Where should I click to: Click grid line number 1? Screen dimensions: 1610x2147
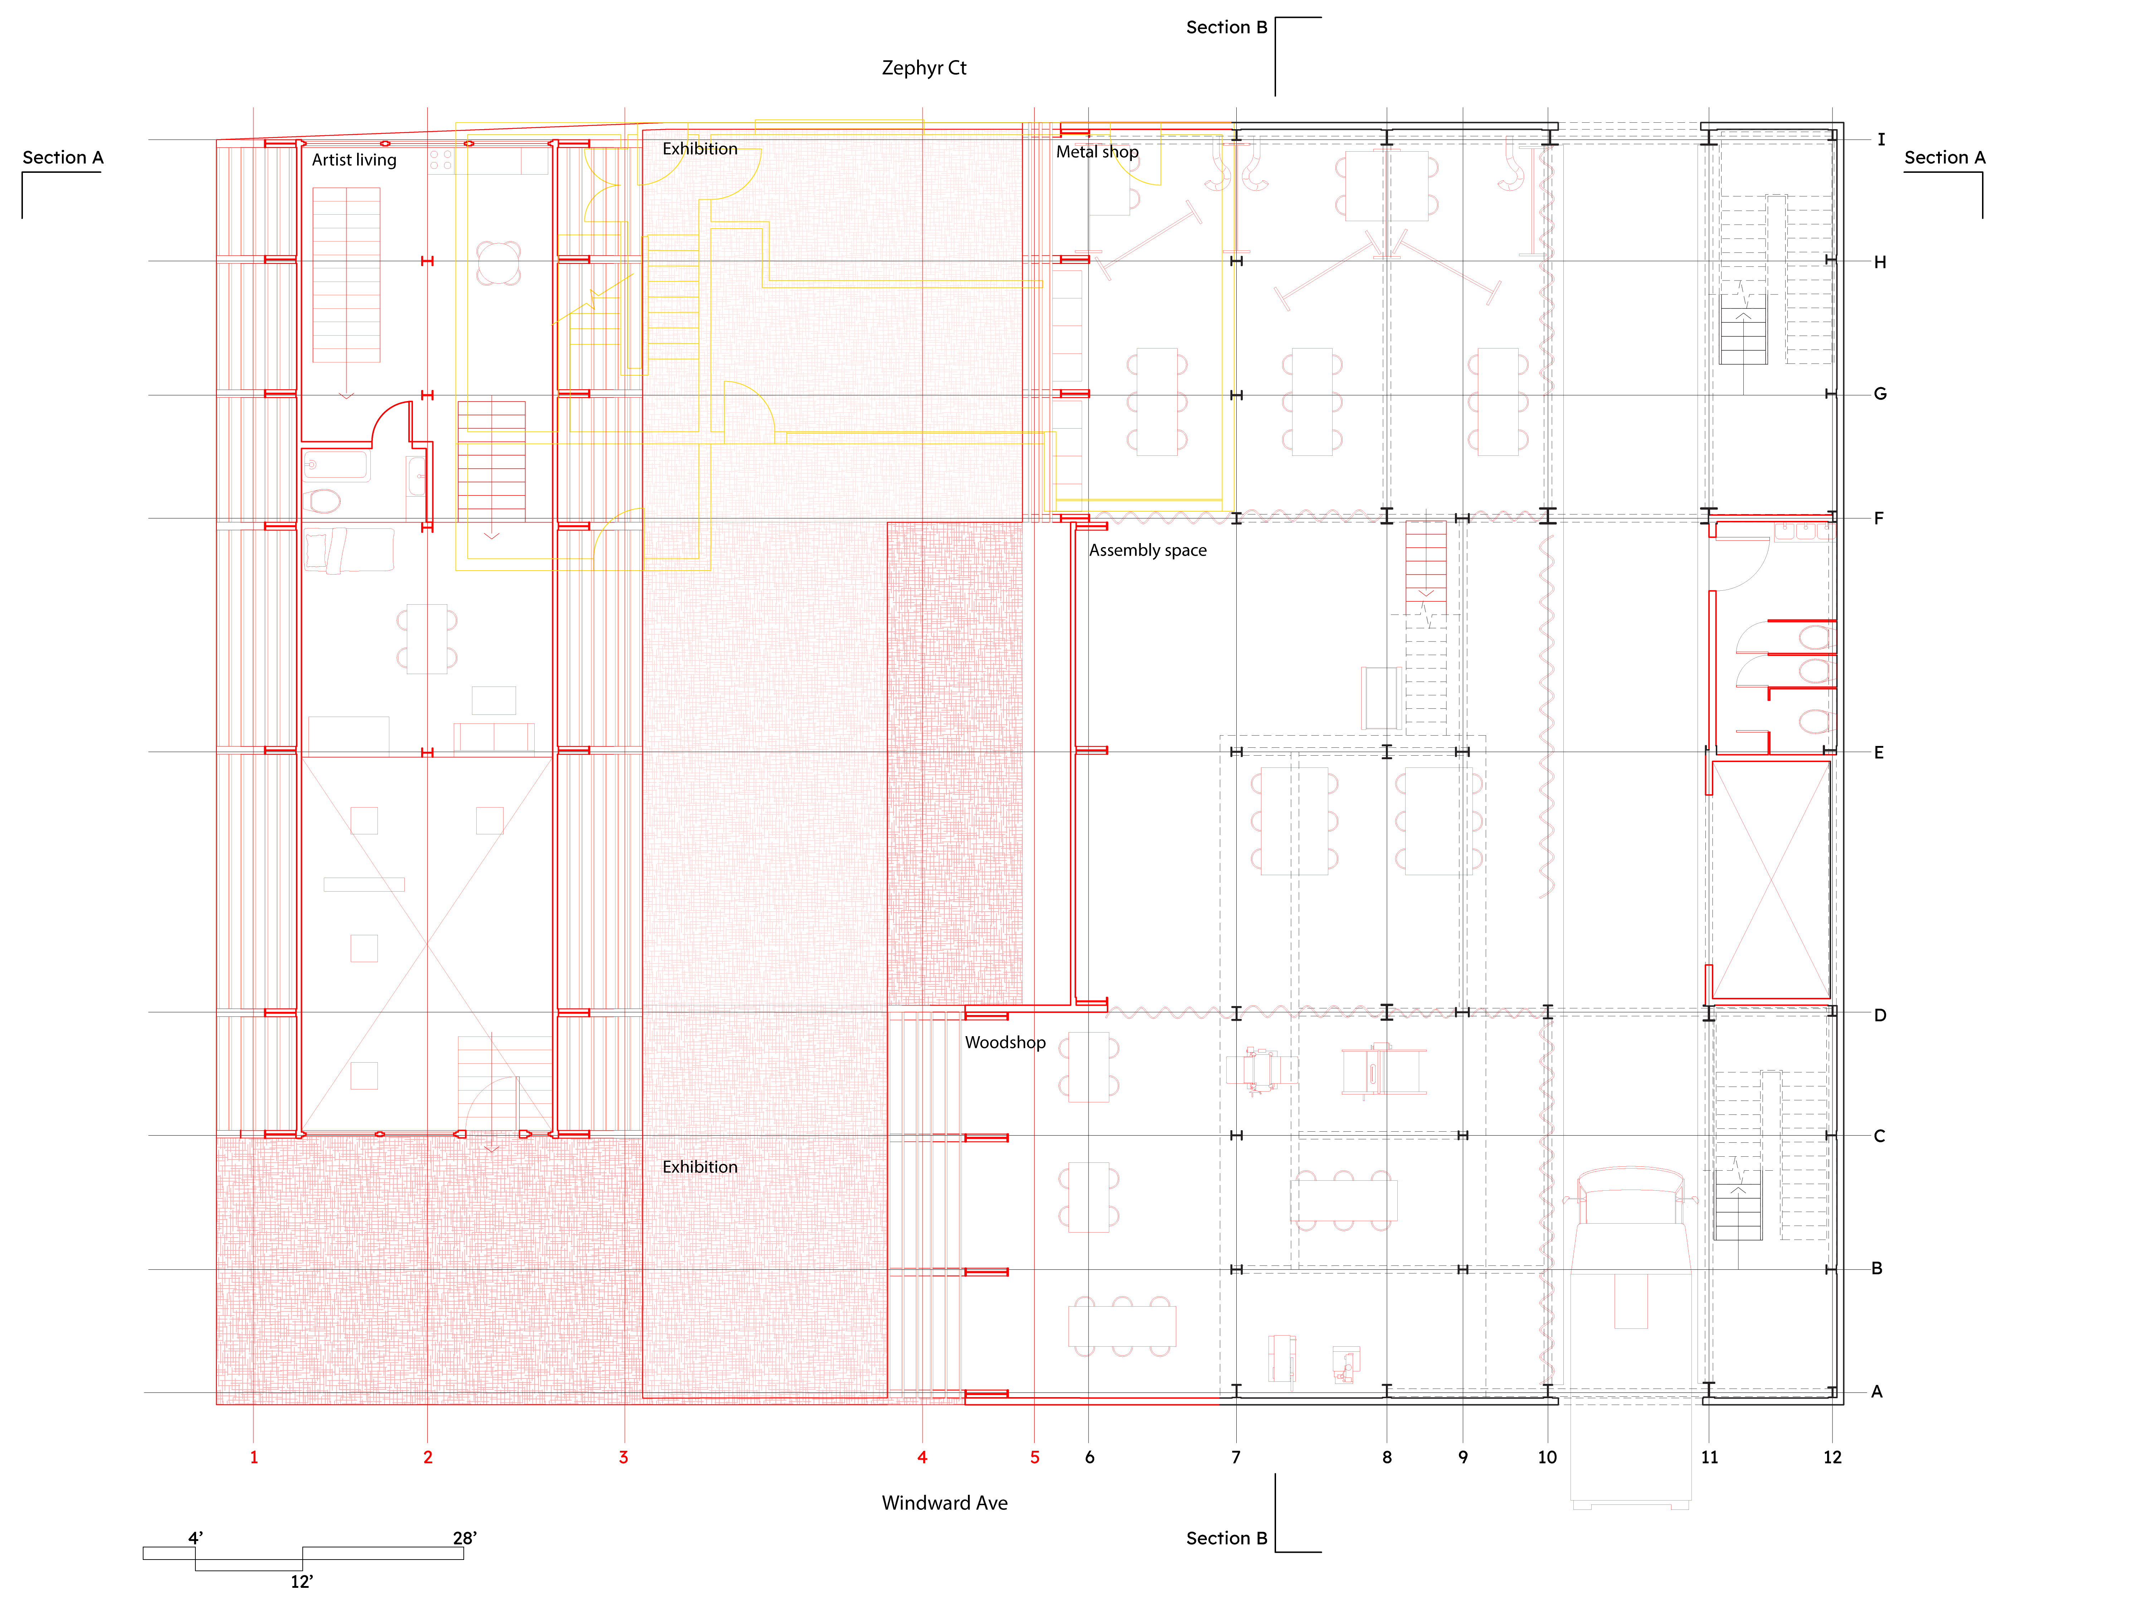[x=254, y=1457]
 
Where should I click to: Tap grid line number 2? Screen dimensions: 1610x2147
[x=428, y=1457]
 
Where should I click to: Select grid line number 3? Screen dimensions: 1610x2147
[x=624, y=1457]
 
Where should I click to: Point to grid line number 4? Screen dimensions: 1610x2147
[x=922, y=1457]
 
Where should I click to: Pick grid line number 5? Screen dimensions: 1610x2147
[x=1035, y=1457]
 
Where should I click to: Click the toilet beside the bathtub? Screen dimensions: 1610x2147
[x=323, y=501]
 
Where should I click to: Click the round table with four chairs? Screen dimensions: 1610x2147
[x=499, y=262]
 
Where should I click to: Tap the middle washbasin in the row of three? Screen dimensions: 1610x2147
[x=1808, y=530]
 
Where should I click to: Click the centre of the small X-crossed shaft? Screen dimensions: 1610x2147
[x=1771, y=880]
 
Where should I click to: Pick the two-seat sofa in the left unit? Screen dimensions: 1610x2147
[x=494, y=737]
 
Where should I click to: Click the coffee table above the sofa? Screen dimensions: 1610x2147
[x=494, y=700]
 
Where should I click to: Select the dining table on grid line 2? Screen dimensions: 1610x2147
[x=427, y=639]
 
